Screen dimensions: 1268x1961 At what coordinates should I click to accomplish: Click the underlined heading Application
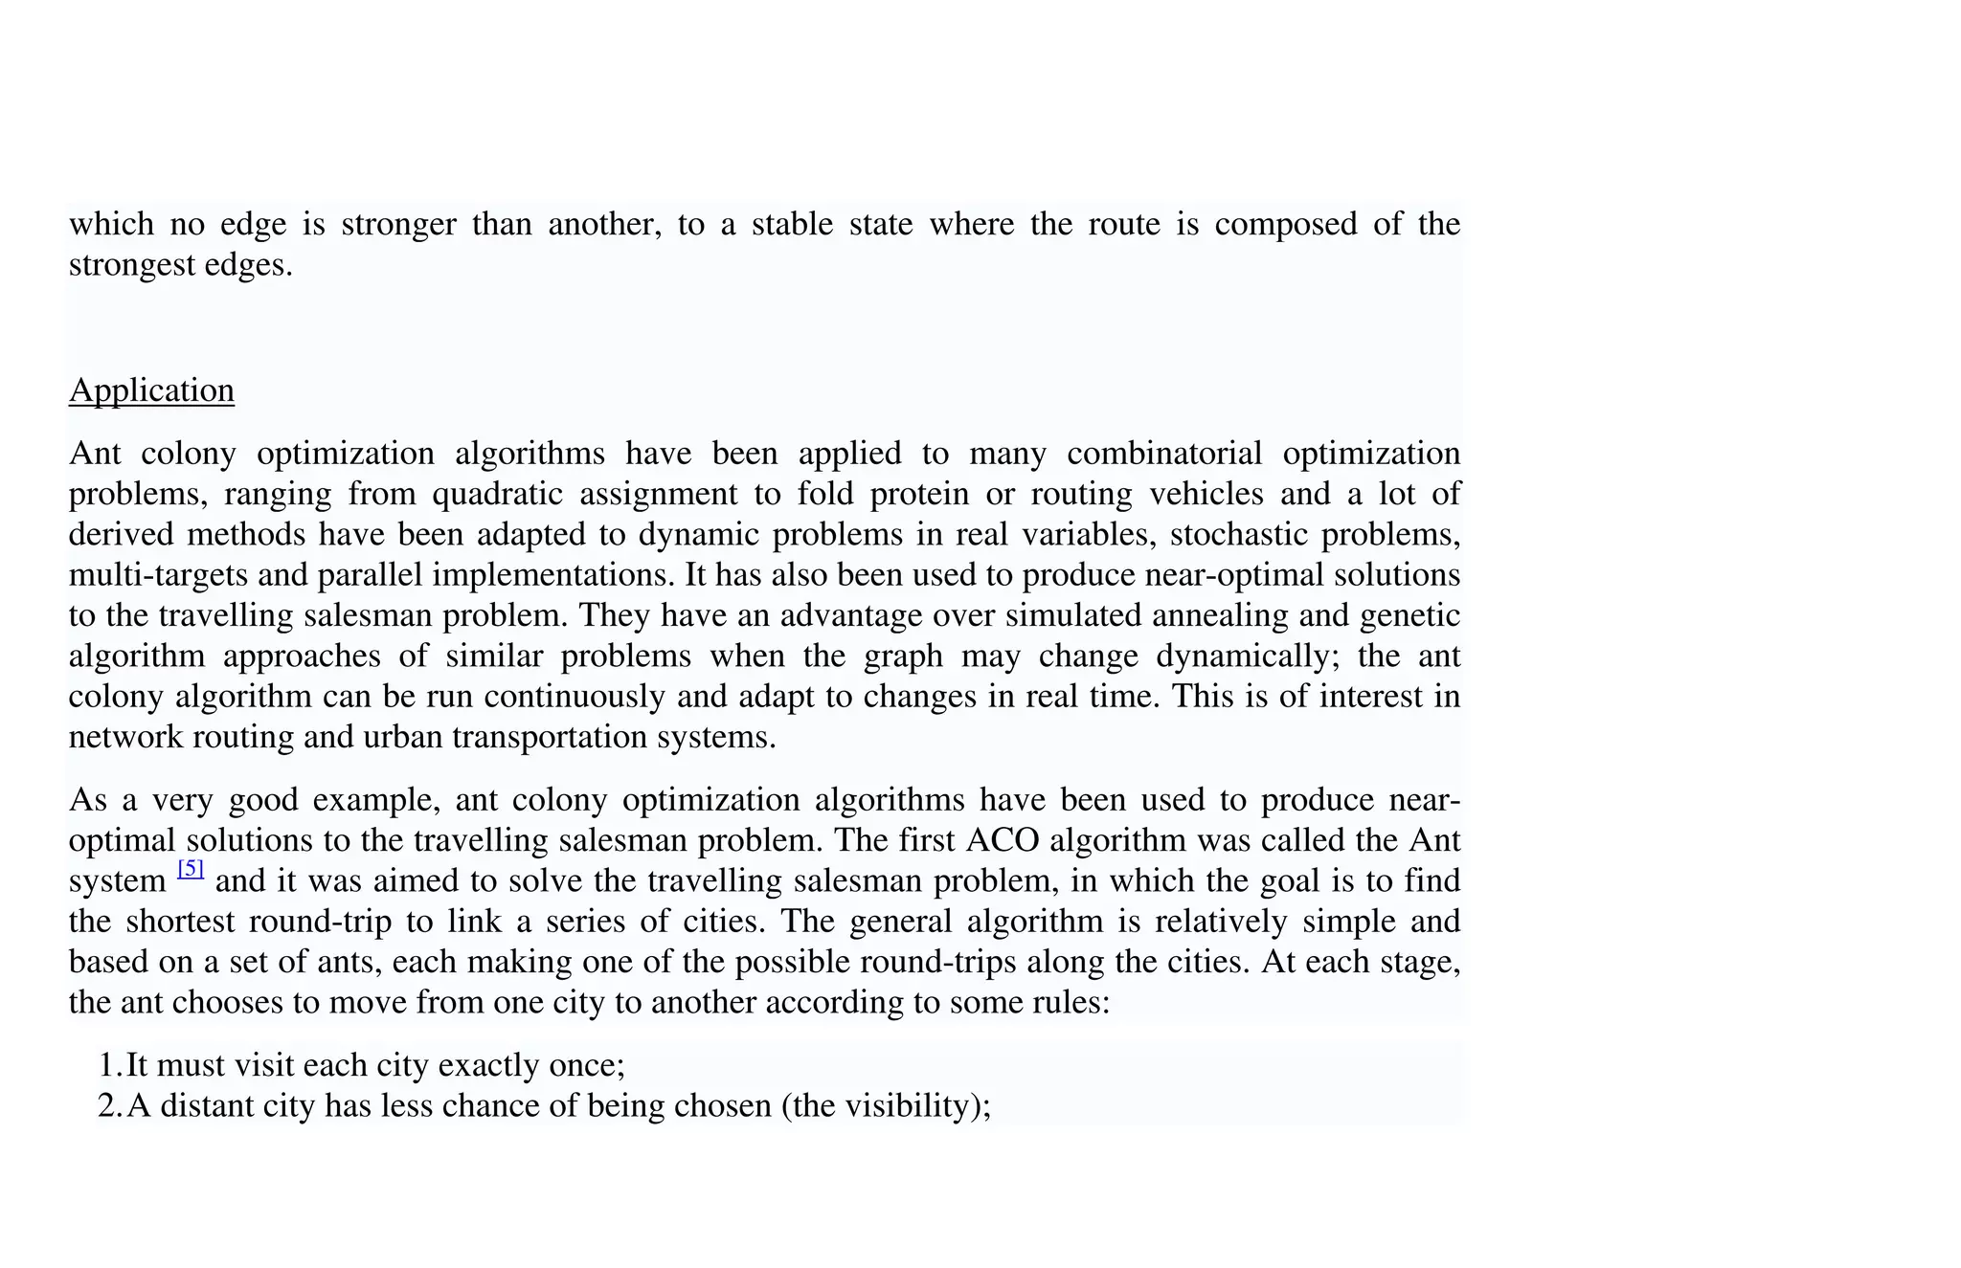(151, 390)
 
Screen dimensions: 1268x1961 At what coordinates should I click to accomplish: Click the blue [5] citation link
(191, 869)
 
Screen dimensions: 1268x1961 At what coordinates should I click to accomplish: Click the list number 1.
(107, 1065)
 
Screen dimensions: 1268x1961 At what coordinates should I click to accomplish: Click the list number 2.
(107, 1106)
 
